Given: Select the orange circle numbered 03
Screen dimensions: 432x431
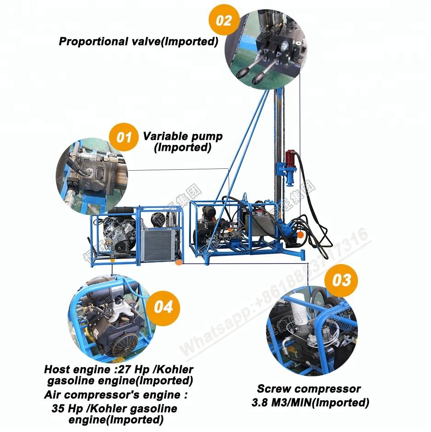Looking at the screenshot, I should (341, 280).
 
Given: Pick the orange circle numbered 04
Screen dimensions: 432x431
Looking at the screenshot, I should (163, 306).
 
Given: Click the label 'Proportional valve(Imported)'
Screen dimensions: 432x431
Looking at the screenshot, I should (138, 41).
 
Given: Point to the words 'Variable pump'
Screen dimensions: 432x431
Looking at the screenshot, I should (182, 136).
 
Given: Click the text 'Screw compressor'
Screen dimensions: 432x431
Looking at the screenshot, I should (308, 389).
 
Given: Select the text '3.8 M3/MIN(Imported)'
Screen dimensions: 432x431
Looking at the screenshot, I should (310, 403).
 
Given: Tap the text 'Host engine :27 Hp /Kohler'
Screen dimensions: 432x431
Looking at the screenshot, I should (119, 369).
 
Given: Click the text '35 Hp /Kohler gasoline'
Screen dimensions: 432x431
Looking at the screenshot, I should (115, 408).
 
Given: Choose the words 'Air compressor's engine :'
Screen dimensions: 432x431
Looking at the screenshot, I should (116, 395).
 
